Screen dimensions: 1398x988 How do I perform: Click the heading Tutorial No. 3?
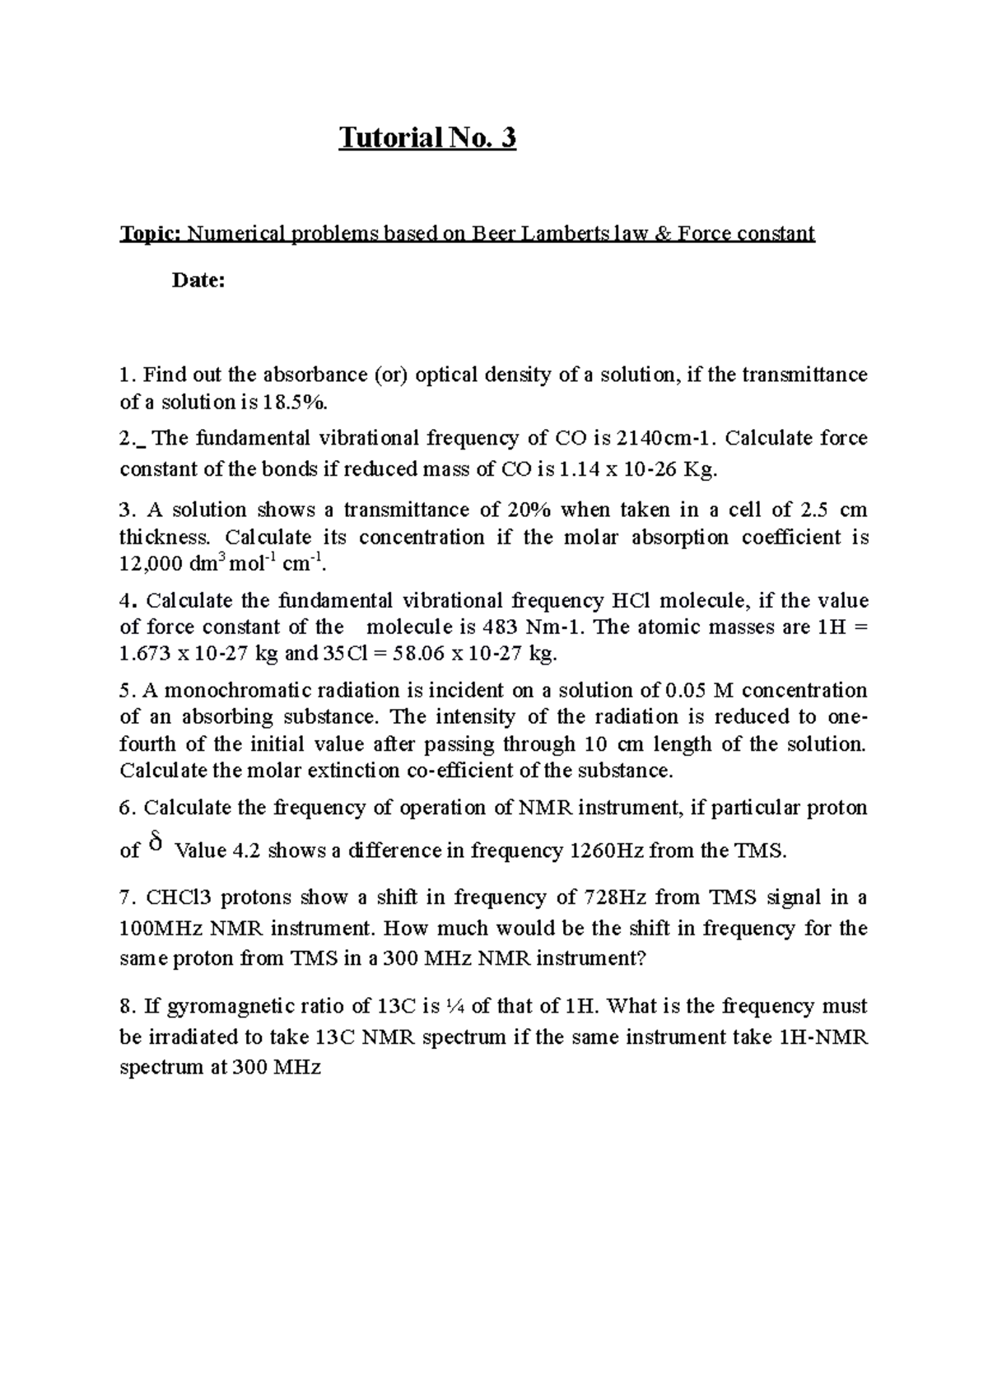[427, 137]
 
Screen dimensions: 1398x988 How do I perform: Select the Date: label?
[198, 281]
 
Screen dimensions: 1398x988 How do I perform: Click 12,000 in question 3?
[147, 565]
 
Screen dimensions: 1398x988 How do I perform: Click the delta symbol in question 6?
[157, 843]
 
